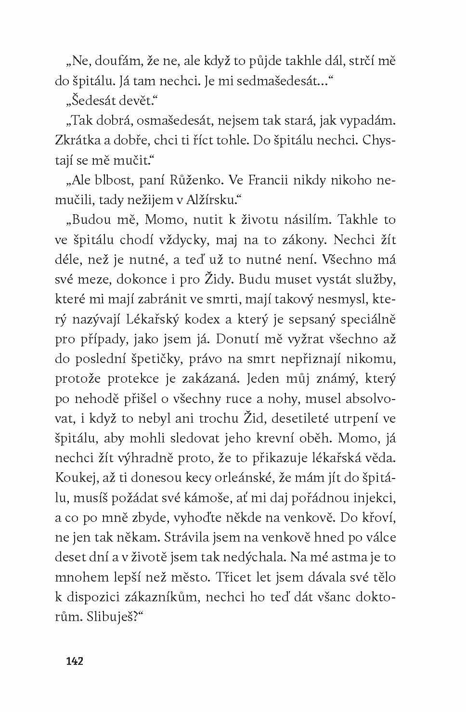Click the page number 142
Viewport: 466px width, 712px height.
[75, 660]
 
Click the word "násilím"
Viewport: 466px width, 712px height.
[302, 220]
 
